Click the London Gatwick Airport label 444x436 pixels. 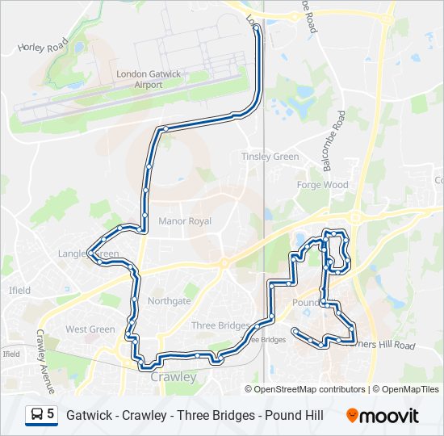point(149,78)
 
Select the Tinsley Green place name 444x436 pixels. point(270,157)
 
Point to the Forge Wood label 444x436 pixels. point(322,185)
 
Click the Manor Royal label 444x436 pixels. point(185,221)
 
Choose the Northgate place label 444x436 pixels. point(170,301)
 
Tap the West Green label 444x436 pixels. point(90,329)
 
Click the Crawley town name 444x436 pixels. point(174,377)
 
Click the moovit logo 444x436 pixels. point(383,415)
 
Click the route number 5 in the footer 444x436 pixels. point(51,414)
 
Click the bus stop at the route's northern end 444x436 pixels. point(257,27)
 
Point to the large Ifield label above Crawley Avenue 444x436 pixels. point(19,290)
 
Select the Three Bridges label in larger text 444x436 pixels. point(220,325)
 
